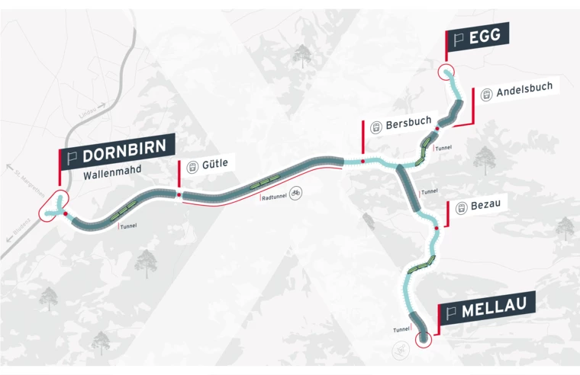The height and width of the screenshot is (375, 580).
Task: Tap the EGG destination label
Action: [x=478, y=37]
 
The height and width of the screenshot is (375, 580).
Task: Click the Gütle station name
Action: [x=214, y=163]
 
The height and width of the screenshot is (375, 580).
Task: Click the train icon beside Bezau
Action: [x=461, y=208]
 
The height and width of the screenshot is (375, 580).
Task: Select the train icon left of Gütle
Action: [x=192, y=165]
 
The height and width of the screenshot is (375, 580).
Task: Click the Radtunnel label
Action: [x=274, y=197]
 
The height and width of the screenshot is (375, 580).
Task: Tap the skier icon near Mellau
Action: [x=400, y=350]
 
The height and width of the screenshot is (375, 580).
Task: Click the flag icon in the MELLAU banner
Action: [x=450, y=312]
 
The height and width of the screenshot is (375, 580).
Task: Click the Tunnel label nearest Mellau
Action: [x=401, y=330]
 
